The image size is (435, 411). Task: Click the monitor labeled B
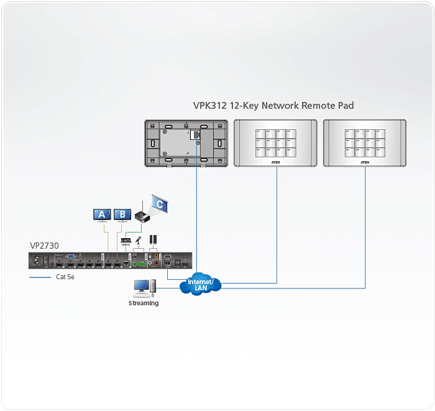point(122,215)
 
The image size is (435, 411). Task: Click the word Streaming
point(144,303)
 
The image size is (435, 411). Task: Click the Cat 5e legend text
point(65,277)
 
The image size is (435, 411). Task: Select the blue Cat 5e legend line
point(40,277)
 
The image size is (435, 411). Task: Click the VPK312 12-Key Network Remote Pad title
point(273,106)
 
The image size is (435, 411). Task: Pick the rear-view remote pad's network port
point(195,134)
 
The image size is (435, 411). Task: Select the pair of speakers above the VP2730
point(153,239)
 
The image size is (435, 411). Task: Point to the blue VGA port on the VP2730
point(71,256)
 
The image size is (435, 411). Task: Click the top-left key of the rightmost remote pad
point(349,133)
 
